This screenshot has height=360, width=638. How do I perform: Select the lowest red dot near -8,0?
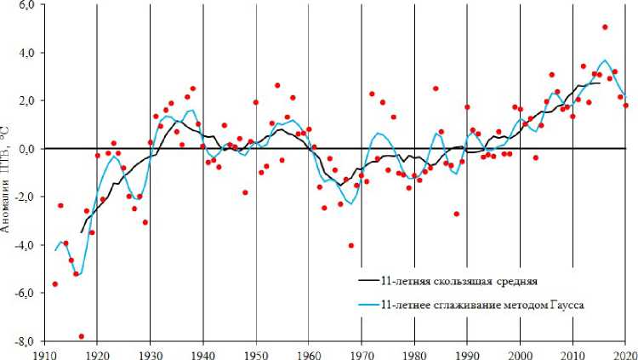[81, 336]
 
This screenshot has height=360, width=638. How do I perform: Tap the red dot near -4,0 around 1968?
[350, 246]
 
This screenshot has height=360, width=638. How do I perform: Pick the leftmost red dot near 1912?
[55, 283]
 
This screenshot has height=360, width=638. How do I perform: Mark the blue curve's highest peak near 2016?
[604, 60]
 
